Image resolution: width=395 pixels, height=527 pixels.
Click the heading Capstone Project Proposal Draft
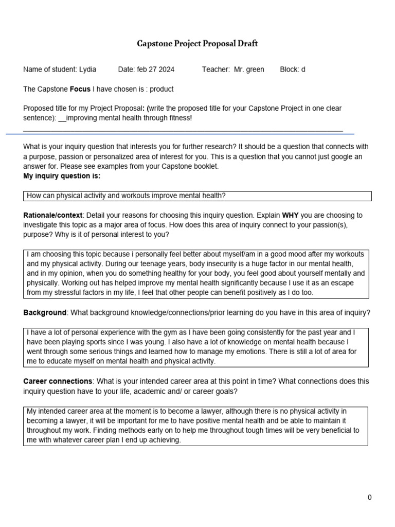click(x=197, y=44)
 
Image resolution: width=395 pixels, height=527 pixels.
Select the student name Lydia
click(x=87, y=69)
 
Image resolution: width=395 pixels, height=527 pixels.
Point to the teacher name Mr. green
click(x=249, y=69)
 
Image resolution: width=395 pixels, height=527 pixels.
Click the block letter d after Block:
click(x=303, y=69)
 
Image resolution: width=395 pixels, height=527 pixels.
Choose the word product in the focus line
click(x=161, y=89)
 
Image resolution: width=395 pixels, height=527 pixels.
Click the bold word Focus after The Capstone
click(x=80, y=89)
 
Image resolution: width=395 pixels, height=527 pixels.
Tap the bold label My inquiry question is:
click(x=62, y=176)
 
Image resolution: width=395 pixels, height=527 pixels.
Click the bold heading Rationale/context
click(x=52, y=215)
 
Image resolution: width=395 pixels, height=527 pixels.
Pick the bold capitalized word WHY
click(x=291, y=215)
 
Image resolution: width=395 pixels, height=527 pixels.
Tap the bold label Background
click(x=45, y=313)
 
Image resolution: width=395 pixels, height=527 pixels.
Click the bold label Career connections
click(x=58, y=381)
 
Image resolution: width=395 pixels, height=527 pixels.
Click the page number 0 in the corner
click(x=369, y=497)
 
